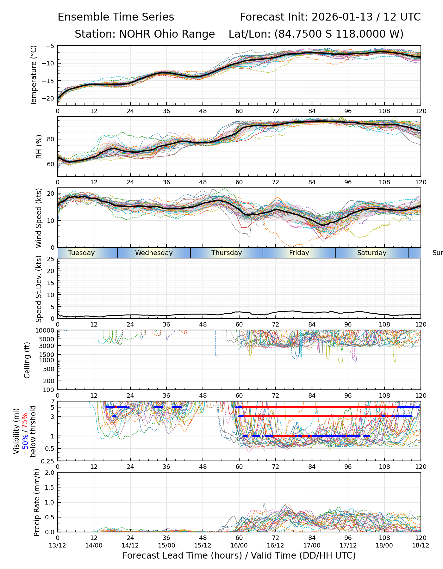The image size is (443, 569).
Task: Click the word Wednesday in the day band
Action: point(154,253)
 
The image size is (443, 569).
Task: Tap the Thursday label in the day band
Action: point(227,253)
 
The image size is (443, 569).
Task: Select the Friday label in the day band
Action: point(299,253)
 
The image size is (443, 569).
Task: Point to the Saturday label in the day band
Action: point(372,253)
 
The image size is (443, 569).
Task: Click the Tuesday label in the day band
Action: point(81,253)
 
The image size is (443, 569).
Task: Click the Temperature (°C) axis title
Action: point(34,75)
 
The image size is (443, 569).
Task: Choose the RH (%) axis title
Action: point(39,147)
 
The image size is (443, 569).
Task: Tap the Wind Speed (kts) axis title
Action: point(39,218)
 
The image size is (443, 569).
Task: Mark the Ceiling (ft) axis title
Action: point(27,360)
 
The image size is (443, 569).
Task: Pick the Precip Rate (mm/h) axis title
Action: point(37,502)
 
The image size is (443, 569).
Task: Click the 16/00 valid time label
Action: point(239,545)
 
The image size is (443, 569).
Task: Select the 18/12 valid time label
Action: point(421,545)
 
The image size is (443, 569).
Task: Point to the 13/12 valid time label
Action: point(58,545)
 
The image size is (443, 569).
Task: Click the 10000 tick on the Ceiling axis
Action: point(45,331)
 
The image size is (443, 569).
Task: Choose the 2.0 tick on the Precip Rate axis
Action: point(50,473)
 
